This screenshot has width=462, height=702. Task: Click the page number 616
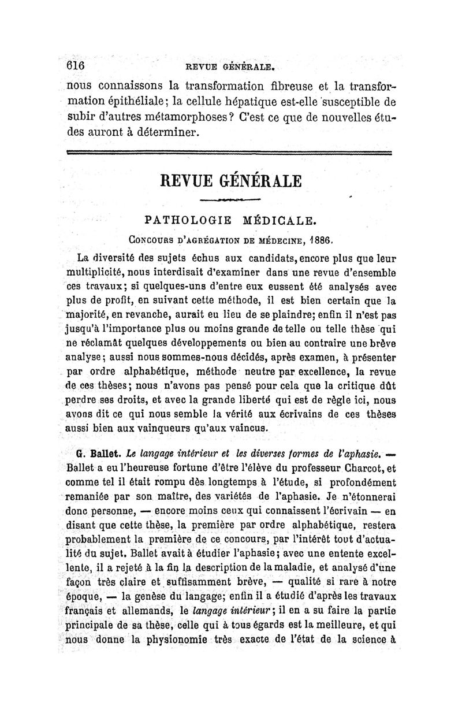click(76, 65)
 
